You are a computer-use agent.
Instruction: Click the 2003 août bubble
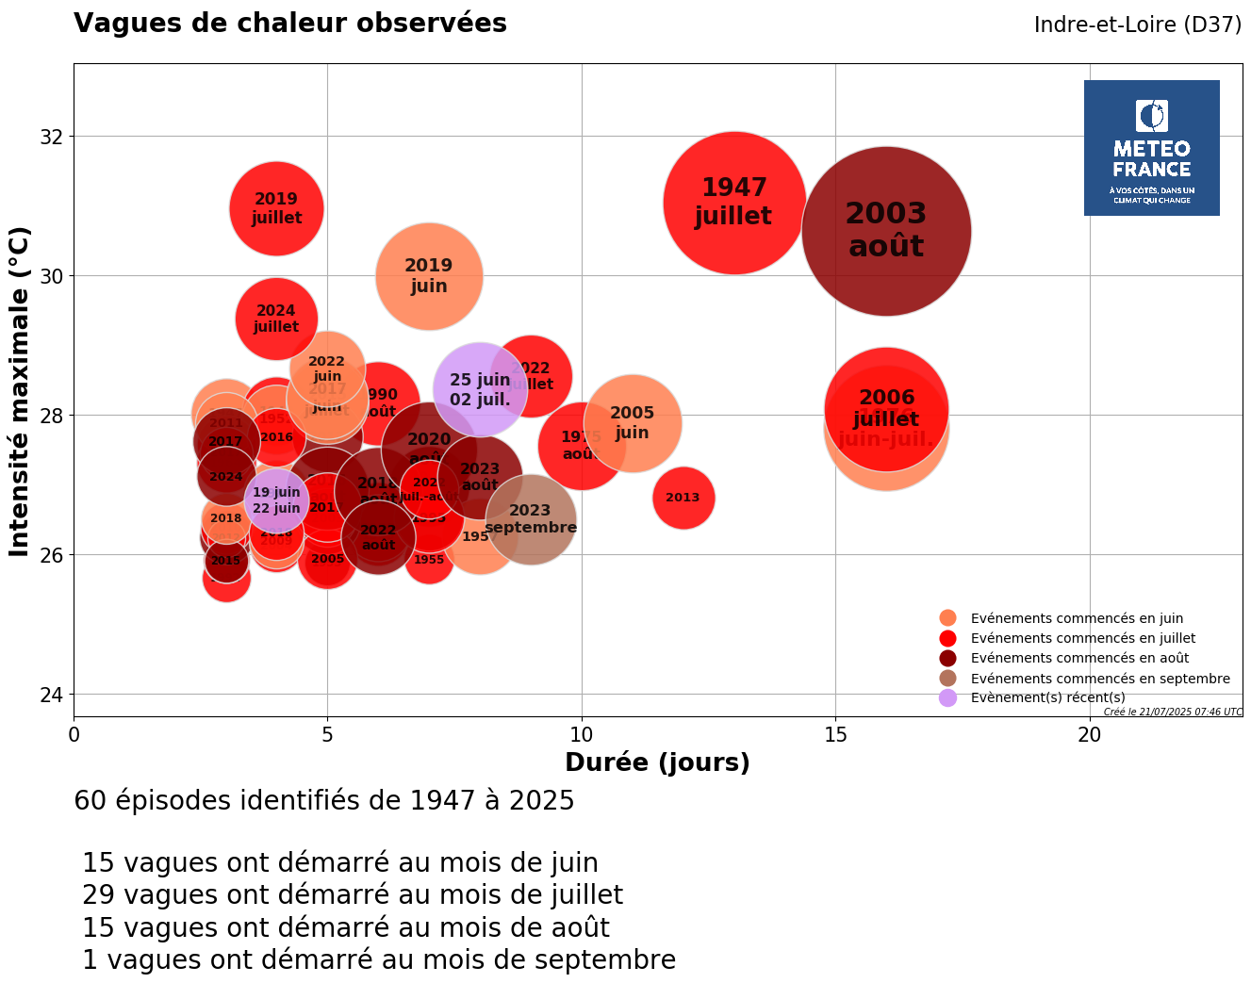click(886, 231)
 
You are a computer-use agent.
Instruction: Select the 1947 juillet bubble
click(734, 203)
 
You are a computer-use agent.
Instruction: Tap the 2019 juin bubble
click(429, 276)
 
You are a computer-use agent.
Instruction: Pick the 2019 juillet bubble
click(276, 208)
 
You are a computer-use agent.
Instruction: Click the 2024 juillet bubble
click(276, 319)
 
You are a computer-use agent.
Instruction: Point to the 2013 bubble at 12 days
click(683, 498)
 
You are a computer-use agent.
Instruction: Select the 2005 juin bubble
click(632, 422)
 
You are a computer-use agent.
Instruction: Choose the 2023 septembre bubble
click(531, 519)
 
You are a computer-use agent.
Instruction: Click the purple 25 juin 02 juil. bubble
click(480, 389)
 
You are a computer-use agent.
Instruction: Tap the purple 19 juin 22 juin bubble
click(276, 500)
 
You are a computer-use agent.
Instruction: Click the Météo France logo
click(1151, 148)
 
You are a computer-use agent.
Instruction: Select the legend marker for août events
click(947, 658)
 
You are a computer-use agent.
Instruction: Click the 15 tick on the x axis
click(835, 734)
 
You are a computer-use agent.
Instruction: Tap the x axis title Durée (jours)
click(657, 762)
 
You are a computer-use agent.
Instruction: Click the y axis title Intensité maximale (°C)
click(20, 391)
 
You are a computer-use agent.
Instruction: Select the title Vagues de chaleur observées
click(290, 24)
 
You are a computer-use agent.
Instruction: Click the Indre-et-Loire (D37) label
click(1137, 25)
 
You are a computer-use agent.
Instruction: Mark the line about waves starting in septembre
click(379, 959)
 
